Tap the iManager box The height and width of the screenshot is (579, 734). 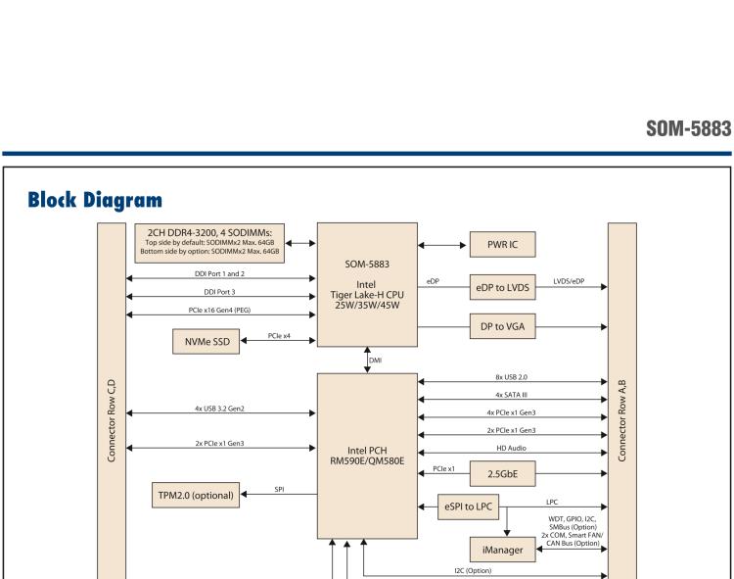pyautogui.click(x=501, y=552)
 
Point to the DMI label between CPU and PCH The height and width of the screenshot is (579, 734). pyautogui.click(x=376, y=361)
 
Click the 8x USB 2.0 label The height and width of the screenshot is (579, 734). pyautogui.click(x=513, y=375)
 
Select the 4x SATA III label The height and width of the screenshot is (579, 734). pyautogui.click(x=513, y=394)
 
